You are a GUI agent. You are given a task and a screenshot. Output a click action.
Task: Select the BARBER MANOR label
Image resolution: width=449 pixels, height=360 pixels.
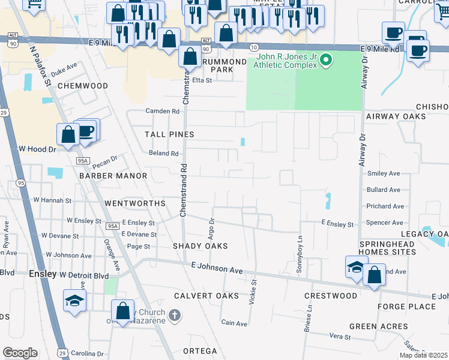(x=113, y=176)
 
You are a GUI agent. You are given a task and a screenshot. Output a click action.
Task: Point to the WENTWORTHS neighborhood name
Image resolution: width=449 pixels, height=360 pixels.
(x=134, y=203)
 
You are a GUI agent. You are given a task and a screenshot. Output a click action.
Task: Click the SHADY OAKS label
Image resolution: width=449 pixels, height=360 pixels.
(x=200, y=246)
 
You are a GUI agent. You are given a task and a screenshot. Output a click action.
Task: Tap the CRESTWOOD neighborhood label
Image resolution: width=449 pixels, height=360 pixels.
(x=331, y=296)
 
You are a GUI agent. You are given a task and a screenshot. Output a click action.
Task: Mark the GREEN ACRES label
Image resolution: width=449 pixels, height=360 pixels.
(x=379, y=326)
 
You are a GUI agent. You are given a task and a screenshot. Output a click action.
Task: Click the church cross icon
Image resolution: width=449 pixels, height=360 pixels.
(x=174, y=315)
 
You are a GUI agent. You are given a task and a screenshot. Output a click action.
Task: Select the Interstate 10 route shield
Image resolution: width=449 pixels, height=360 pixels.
(x=253, y=47)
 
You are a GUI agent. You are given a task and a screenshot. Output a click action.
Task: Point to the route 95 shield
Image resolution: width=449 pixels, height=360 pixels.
(x=22, y=183)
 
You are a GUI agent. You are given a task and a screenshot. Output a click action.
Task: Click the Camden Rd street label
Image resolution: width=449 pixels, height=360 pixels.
(x=163, y=111)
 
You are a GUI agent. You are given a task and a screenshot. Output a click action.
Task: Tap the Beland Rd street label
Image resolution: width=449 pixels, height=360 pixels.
(x=164, y=154)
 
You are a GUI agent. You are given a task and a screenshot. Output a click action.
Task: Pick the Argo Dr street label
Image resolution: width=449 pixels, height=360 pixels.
(x=211, y=227)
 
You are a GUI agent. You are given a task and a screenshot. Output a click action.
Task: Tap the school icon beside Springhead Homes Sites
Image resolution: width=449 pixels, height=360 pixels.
(x=355, y=268)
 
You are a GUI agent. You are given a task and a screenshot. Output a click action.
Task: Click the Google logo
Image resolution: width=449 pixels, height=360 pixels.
(x=20, y=353)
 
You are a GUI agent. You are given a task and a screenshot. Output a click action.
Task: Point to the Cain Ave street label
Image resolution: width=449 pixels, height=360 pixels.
(x=234, y=323)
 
